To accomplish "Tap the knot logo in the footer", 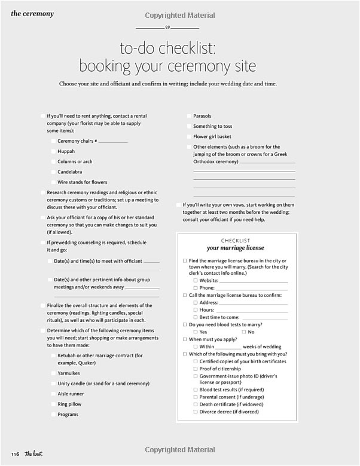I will coord(33,453).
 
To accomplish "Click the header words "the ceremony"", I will coord(32,14).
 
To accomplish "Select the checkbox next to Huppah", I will coord(53,152).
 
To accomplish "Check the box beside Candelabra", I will coord(53,172).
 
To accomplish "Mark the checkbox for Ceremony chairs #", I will coord(53,142).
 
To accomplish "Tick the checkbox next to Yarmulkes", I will coord(53,373).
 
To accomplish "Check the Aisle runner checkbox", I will coord(53,394).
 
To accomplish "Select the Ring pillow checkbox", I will coord(53,404).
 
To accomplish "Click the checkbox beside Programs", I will coord(53,415).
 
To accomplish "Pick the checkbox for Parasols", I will coord(188,116).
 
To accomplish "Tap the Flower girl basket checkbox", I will coord(188,137).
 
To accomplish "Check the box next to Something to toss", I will coord(188,127).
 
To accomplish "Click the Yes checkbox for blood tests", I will coord(196,332).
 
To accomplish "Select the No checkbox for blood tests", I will coord(243,332).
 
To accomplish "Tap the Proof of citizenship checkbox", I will coord(196,369).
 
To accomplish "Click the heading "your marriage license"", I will coord(235,248).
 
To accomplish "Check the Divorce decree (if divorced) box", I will coord(196,412).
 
